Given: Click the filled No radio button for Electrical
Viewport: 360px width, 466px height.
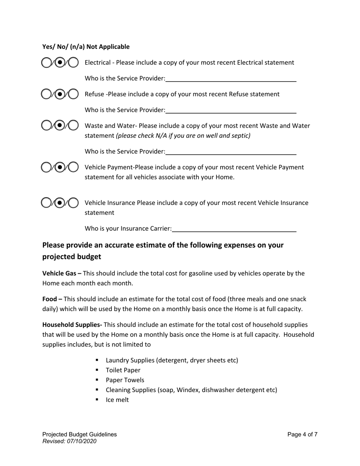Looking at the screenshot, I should [59, 63].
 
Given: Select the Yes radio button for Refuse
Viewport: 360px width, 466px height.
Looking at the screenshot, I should [46, 94].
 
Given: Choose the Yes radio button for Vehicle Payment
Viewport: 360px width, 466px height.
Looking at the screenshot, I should [46, 167].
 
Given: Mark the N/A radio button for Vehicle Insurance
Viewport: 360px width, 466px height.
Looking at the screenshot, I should [73, 203].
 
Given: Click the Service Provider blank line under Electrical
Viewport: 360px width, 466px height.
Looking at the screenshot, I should [231, 79].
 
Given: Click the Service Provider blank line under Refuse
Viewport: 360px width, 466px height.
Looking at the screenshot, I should [231, 110].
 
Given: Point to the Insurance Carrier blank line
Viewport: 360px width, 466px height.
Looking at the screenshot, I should [234, 229].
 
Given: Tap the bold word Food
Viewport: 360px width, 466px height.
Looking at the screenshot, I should [50, 299].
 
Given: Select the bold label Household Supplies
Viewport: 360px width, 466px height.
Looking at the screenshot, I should [72, 325].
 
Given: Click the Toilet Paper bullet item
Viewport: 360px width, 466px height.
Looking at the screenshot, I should [123, 370].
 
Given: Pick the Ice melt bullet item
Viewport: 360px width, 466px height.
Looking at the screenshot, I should [117, 400].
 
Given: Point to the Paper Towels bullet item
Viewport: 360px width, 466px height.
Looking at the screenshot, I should [125, 380].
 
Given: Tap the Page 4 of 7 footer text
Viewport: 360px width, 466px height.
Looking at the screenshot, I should [302, 435].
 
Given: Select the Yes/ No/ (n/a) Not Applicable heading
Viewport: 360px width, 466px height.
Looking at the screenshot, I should [86, 47].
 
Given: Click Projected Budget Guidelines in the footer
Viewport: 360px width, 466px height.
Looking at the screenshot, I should [80, 435].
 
